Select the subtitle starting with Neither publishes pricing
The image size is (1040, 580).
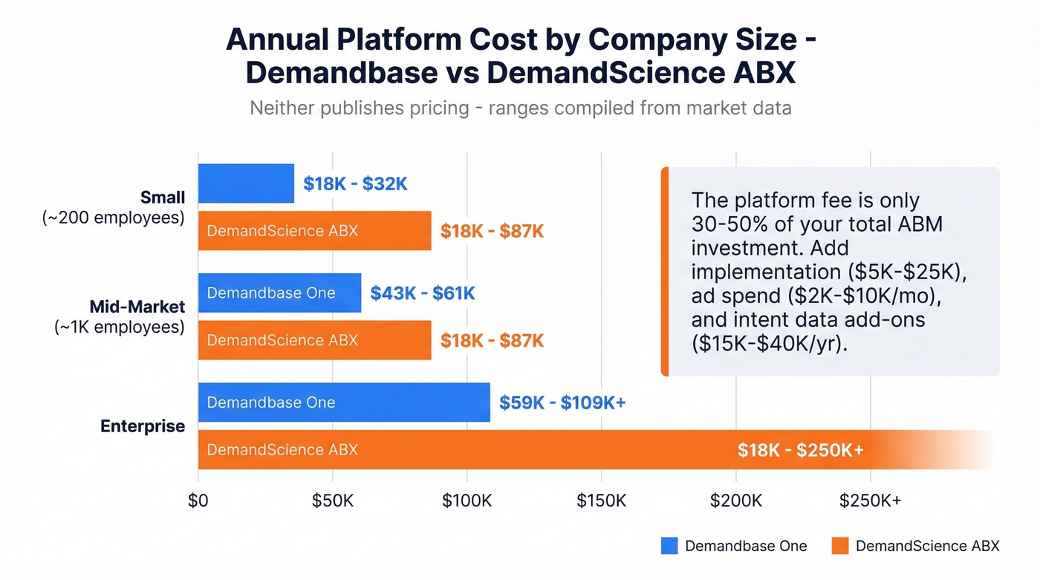coord(520,108)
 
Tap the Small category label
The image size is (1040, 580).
coord(162,197)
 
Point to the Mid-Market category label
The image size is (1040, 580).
coord(137,306)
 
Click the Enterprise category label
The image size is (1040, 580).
coord(143,426)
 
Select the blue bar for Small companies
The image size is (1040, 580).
coord(246,183)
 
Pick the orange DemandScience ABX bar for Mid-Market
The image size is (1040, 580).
coord(314,340)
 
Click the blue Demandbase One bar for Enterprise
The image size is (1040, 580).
coord(343,403)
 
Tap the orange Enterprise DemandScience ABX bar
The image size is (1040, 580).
coord(520,450)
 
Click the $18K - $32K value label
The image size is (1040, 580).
coord(355,184)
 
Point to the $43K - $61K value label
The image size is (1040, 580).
coord(422,293)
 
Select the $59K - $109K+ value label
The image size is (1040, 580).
coord(562,403)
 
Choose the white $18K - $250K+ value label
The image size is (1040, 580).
coord(800,450)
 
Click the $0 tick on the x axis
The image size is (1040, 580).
coord(198,501)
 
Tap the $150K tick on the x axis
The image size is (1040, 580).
coord(601,501)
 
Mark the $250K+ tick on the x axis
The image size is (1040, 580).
coord(870,501)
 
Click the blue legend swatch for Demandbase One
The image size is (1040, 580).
coord(669,546)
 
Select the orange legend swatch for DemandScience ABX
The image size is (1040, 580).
coord(839,546)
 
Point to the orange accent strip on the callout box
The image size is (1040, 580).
coord(665,272)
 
